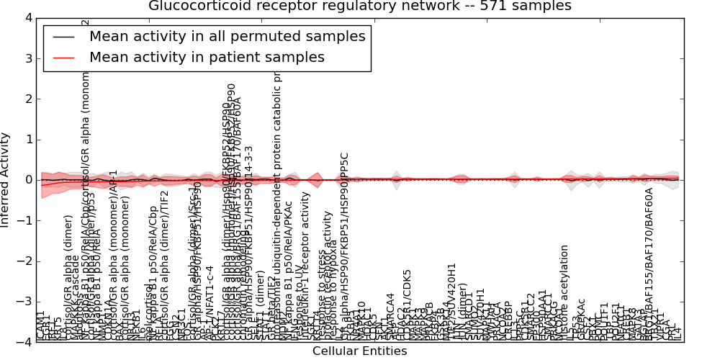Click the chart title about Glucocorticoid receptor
pyautogui.click(x=359, y=6)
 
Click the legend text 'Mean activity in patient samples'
pyautogui.click(x=207, y=57)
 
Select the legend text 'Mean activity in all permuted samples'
pyautogui.click(x=227, y=36)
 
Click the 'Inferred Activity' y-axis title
pyautogui.click(x=6, y=180)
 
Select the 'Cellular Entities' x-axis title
pyautogui.click(x=359, y=351)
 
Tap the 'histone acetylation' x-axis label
pyautogui.click(x=564, y=292)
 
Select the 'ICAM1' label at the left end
pyautogui.click(x=41, y=325)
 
